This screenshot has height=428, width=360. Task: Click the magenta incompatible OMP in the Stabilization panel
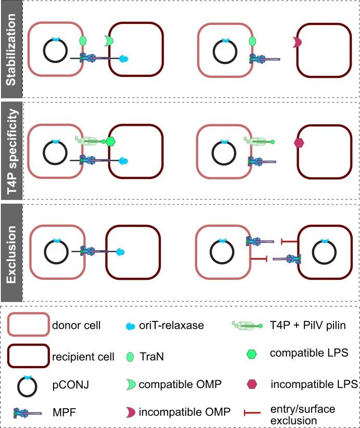point(298,43)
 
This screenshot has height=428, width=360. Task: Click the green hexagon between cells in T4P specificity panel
point(110,141)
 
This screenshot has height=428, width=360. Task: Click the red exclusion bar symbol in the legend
point(251,413)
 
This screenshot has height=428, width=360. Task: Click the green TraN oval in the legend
point(130,357)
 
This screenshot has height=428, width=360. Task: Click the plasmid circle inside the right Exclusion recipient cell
point(324,253)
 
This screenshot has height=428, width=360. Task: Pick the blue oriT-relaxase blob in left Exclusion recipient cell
point(120,252)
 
